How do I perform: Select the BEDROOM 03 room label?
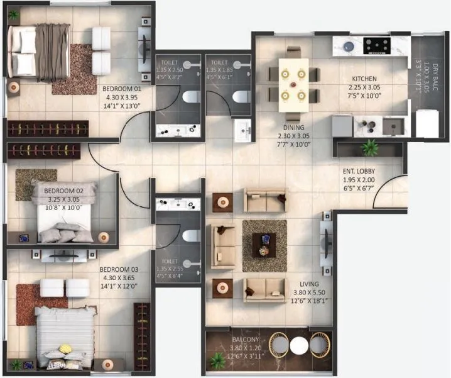pyautogui.click(x=119, y=269)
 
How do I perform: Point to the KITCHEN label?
pyautogui.click(x=364, y=79)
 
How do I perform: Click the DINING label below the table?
pyautogui.click(x=293, y=127)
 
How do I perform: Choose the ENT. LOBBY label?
pyautogui.click(x=359, y=171)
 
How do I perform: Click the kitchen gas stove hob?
pyautogui.click(x=376, y=45)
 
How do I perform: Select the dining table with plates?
pyautogui.click(x=293, y=81)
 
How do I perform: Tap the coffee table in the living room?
pyautogui.click(x=264, y=244)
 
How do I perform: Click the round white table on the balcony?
pyautogui.click(x=299, y=345)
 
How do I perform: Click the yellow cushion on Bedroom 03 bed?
pyautogui.click(x=65, y=348)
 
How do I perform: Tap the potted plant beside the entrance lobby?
pyautogui.click(x=369, y=148)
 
